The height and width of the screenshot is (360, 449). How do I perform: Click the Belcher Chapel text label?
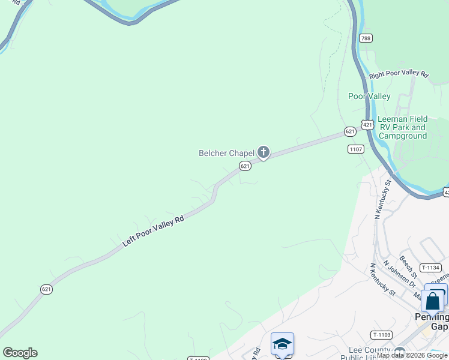[227, 153]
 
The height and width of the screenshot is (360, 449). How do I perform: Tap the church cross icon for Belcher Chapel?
[263, 152]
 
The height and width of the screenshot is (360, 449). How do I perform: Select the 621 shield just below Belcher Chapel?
[244, 166]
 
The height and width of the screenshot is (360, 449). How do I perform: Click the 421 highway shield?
[367, 124]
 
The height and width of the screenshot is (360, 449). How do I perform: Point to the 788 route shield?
[366, 38]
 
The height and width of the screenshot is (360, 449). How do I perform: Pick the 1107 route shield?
[356, 149]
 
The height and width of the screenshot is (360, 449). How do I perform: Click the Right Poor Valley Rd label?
[399, 75]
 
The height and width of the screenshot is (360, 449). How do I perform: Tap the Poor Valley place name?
[369, 96]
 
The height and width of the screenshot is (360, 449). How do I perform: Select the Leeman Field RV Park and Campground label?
[402, 127]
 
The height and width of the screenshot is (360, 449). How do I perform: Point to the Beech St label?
[406, 263]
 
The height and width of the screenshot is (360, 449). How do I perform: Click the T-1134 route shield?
[430, 268]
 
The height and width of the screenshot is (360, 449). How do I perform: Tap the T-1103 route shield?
[381, 335]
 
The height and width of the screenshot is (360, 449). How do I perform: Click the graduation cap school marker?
[282, 344]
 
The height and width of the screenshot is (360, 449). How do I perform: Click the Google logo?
[20, 353]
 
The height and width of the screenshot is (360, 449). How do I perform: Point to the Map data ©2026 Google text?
[412, 356]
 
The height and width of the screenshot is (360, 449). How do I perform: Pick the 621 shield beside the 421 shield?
[350, 131]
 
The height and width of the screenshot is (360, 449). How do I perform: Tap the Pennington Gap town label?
[432, 321]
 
